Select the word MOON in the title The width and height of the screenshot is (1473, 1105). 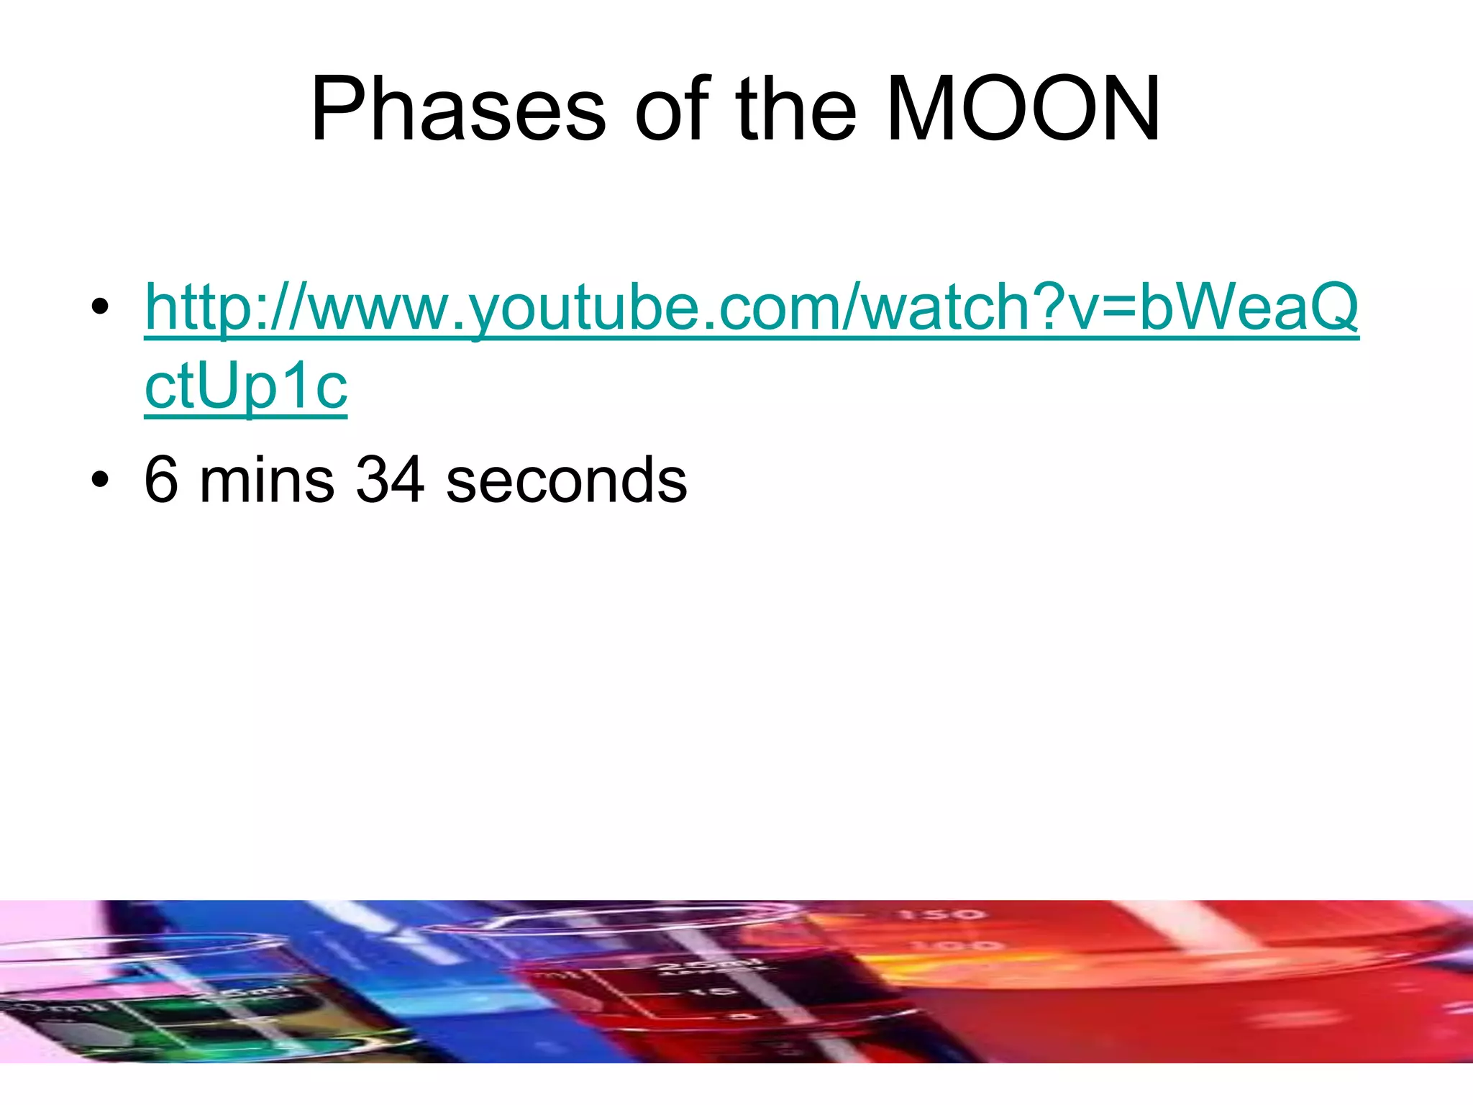[x=1023, y=110]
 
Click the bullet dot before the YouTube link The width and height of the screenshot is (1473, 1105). [x=100, y=307]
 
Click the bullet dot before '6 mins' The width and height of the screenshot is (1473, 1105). [x=100, y=480]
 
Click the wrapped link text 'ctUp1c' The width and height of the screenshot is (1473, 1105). [x=246, y=386]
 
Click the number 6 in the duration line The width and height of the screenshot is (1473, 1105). [x=161, y=480]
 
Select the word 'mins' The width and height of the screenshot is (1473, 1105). [x=267, y=480]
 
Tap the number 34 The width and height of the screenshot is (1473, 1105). [x=390, y=480]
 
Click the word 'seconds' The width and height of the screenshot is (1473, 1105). [x=566, y=480]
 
